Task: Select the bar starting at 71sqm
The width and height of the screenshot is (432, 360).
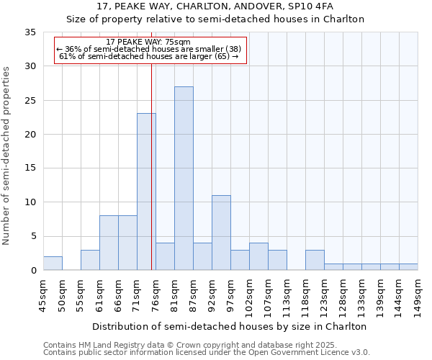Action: click(146, 192)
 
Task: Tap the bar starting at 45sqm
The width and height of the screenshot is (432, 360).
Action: click(53, 264)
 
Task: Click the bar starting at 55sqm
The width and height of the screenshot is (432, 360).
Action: click(90, 260)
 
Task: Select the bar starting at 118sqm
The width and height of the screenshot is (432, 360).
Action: click(315, 260)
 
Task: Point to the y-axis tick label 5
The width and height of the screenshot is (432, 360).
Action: click(32, 237)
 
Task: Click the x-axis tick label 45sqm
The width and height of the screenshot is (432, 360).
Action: click(43, 295)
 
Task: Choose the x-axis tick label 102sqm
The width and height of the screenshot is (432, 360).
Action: click(249, 295)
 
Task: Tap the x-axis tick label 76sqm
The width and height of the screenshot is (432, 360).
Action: click(156, 295)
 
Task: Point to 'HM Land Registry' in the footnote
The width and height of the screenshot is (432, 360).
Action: click(109, 345)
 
